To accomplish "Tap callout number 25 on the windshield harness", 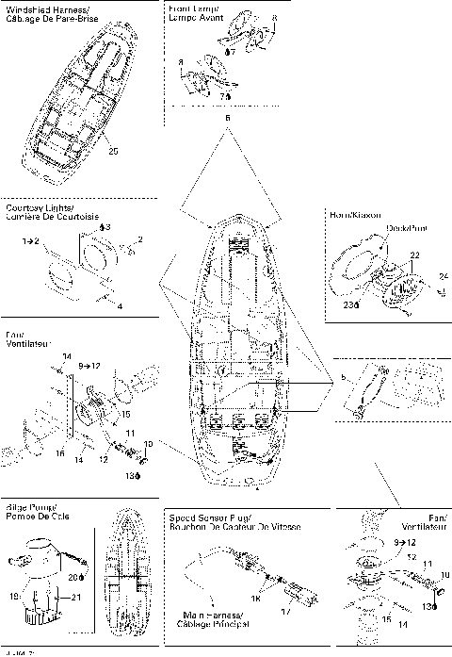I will pos(112,150).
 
